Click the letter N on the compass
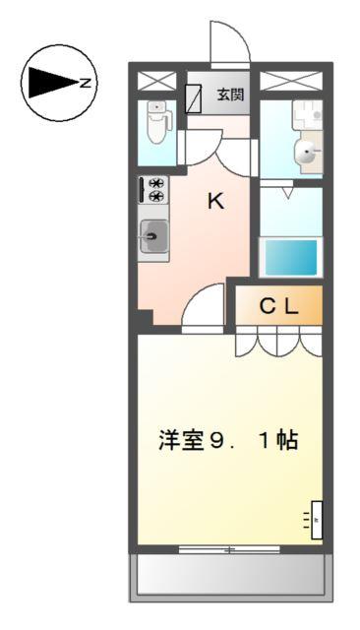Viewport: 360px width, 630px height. [86, 83]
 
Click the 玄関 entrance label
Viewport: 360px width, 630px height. [231, 96]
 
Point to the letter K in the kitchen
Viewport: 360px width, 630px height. [214, 203]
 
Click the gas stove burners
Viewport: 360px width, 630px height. [154, 189]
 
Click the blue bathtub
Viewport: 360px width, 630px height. [290, 256]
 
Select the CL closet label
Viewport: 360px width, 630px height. [278, 306]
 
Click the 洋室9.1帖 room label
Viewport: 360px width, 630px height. [227, 440]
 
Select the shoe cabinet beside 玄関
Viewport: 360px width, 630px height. [195, 95]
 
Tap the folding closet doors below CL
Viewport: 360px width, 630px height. [278, 342]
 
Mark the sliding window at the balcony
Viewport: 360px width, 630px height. [228, 549]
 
